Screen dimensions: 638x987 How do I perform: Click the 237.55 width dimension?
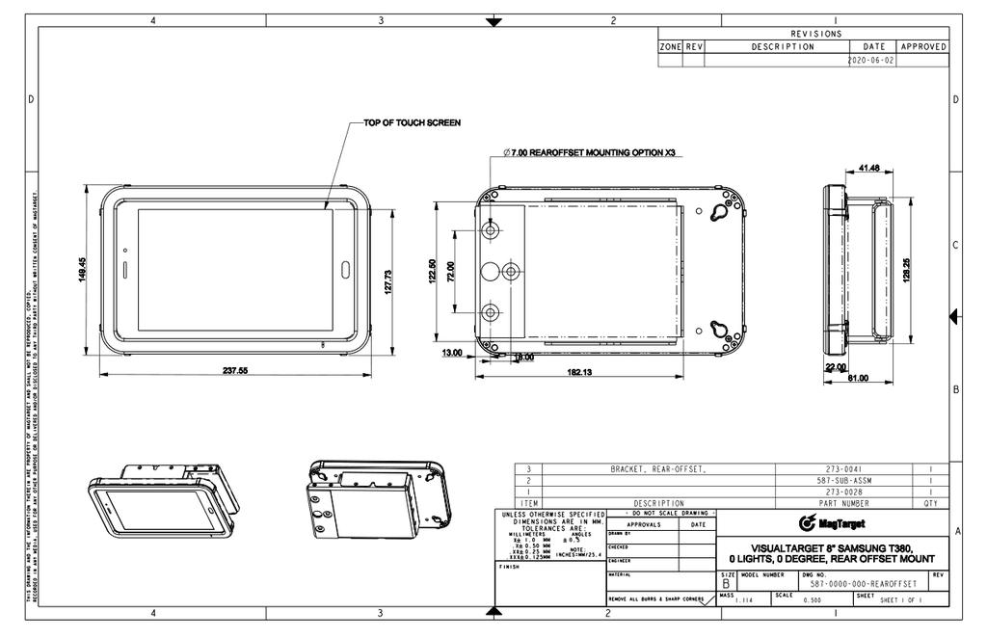click(236, 370)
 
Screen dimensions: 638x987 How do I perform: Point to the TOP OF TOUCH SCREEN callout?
click(412, 123)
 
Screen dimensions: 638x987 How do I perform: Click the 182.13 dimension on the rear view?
click(578, 372)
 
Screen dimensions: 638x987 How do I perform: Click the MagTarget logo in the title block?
click(832, 523)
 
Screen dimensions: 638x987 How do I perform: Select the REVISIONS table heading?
click(815, 34)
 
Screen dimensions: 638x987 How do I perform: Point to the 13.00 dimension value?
click(451, 353)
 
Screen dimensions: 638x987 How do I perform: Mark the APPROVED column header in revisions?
click(922, 46)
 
